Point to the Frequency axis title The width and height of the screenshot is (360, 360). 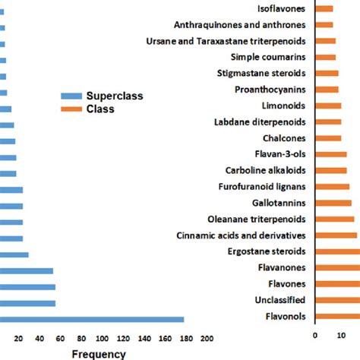tap(99, 353)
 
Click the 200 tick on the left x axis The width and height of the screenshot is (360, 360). tap(206, 338)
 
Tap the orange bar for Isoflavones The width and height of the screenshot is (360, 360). tap(324, 8)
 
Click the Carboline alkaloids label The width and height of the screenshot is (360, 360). tap(266, 170)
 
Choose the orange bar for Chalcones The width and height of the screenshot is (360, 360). tap(327, 137)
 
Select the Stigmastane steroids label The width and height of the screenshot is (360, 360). tap(263, 73)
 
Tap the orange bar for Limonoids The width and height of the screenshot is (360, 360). tap(327, 106)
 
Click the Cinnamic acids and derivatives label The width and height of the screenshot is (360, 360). tap(241, 235)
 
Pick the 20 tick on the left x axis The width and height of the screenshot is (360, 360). tap(19, 338)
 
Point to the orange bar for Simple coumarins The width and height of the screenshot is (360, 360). tap(324, 57)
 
